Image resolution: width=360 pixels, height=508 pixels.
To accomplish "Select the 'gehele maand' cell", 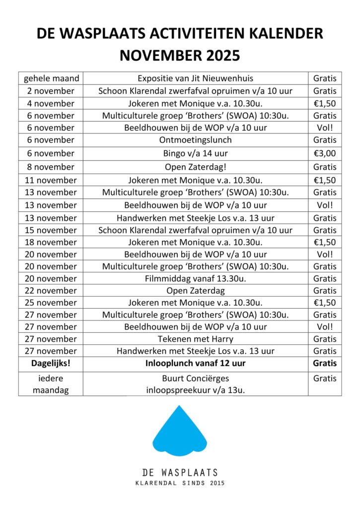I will click(51, 78).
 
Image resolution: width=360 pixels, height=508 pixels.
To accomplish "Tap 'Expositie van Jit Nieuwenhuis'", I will click(195, 78).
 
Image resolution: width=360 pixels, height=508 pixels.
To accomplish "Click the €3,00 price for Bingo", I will click(325, 153).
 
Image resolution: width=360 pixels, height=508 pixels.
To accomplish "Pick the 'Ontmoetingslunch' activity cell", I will click(195, 140).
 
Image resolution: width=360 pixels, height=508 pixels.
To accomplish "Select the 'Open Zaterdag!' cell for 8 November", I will click(195, 167).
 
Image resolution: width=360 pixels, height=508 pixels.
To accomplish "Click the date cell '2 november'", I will click(51, 91).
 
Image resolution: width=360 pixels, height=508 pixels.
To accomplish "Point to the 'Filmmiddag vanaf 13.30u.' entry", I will click(195, 278).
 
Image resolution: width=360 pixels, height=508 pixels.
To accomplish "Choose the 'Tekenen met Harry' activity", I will click(195, 339).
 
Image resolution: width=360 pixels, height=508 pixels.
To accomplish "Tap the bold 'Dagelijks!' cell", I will click(51, 363).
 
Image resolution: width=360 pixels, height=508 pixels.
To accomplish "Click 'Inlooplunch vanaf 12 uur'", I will click(195, 363).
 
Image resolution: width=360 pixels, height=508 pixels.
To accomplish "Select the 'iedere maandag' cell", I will click(51, 384).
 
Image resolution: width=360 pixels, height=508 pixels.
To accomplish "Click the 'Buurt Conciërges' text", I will click(195, 378).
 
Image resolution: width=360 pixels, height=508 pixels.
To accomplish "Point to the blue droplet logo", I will click(179, 432).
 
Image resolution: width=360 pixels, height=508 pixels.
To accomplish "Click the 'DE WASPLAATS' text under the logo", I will click(180, 472).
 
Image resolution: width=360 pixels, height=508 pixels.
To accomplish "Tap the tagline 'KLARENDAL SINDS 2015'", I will click(180, 483).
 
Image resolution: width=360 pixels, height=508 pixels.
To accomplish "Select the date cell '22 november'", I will click(51, 291).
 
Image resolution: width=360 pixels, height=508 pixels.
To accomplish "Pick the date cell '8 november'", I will click(51, 167).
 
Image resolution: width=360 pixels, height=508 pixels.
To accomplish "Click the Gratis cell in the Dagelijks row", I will click(325, 363).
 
